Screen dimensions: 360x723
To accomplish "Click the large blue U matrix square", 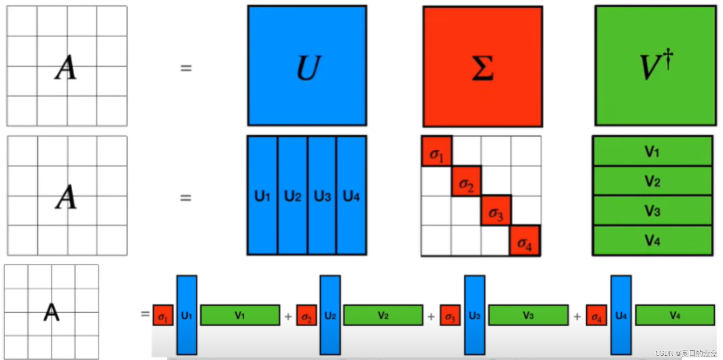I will (307, 66).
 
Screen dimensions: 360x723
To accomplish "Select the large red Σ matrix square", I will (482, 67).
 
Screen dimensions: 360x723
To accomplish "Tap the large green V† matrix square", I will (655, 66).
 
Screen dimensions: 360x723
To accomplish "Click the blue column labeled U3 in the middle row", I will (322, 195).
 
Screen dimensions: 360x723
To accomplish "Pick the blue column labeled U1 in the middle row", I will (263, 195).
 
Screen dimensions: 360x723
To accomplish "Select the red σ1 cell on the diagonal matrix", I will (437, 151).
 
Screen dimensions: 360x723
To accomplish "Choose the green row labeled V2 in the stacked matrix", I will (652, 181).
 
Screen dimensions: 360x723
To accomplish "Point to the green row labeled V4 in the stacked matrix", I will (652, 240).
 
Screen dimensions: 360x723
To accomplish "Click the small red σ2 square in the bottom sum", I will (306, 316).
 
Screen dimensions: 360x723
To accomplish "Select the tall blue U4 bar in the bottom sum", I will (621, 314).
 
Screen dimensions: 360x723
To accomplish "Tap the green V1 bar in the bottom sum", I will (240, 315).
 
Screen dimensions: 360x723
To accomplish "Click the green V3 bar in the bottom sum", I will (528, 315).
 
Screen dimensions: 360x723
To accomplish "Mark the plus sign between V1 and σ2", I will (288, 317).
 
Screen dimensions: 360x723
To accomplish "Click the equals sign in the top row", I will (186, 68).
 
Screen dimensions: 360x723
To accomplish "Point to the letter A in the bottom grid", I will (51, 312).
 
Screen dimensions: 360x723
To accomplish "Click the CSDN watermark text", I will (686, 353).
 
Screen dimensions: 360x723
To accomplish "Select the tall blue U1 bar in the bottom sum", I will (187, 314).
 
